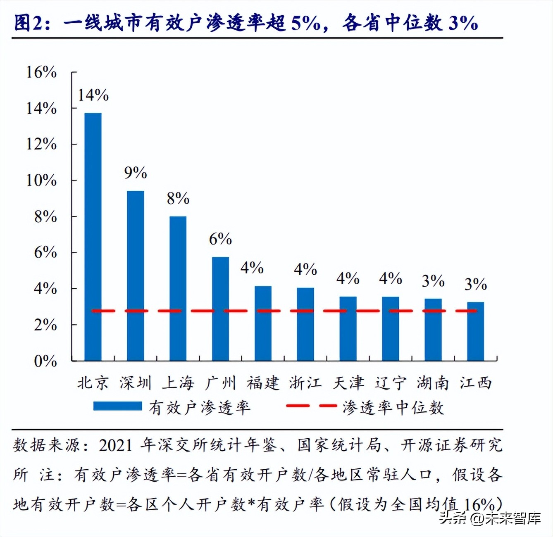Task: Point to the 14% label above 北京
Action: [x=93, y=95]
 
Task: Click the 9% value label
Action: [x=136, y=173]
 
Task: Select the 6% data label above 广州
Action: [x=220, y=239]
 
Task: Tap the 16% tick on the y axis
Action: [x=41, y=72]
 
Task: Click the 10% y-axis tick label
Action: [x=41, y=181]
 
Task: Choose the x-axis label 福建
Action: [x=263, y=383]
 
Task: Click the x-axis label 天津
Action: [x=348, y=383]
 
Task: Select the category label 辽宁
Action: [x=391, y=383]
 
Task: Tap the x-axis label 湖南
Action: [x=433, y=383]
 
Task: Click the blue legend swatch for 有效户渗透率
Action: [x=118, y=406]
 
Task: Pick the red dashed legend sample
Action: [x=311, y=406]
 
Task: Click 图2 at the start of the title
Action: [x=28, y=22]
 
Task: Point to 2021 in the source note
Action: [x=116, y=445]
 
